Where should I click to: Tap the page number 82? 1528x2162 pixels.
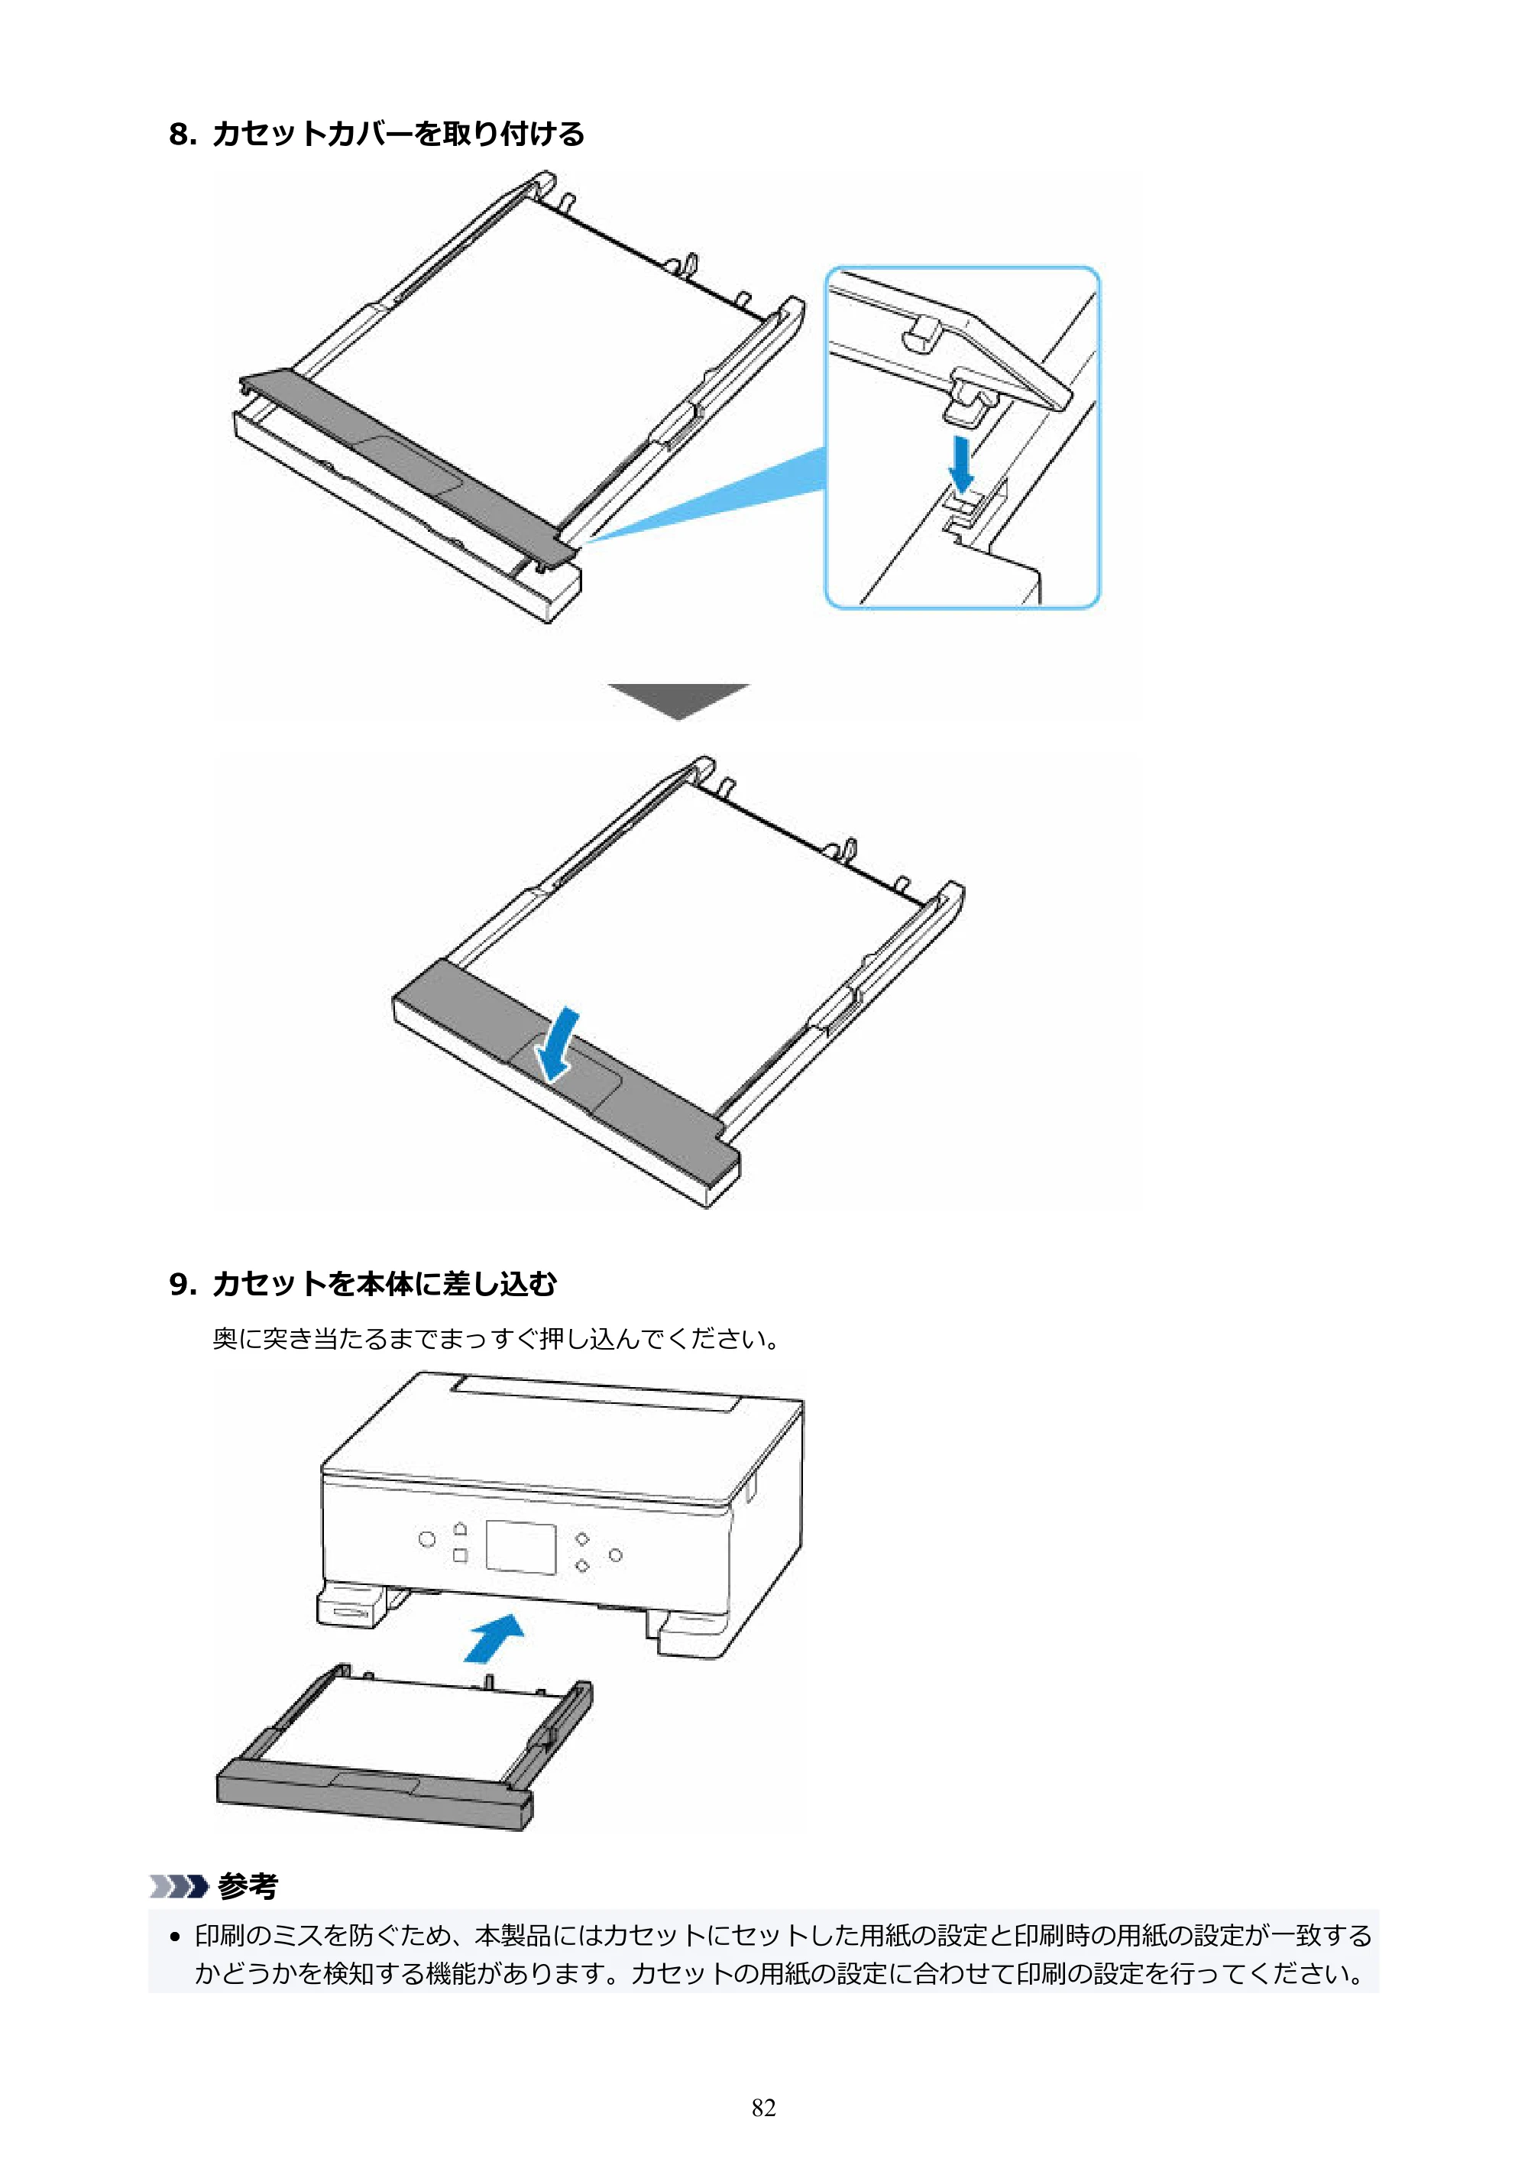click(x=763, y=2108)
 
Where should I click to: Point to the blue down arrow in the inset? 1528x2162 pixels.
click(x=961, y=462)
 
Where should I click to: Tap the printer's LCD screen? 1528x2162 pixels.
click(x=520, y=1545)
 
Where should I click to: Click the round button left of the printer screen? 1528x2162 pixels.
click(x=427, y=1538)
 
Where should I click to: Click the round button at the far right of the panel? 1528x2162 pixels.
click(x=616, y=1554)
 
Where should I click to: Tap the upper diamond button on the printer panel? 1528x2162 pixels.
click(x=583, y=1538)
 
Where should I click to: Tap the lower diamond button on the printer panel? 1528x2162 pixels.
click(x=583, y=1566)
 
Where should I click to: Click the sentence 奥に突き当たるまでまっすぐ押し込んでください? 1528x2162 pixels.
click(x=496, y=1338)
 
